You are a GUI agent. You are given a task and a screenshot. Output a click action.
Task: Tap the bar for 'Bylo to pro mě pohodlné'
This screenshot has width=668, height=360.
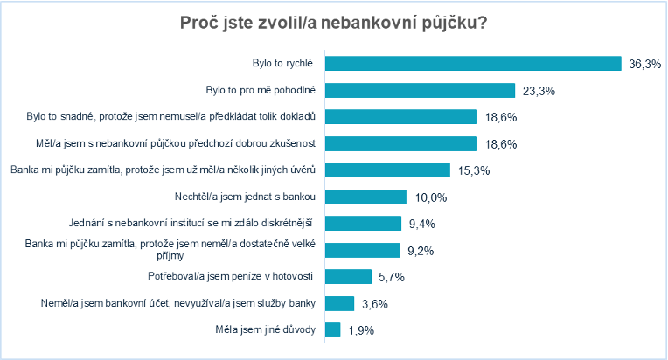[419, 90]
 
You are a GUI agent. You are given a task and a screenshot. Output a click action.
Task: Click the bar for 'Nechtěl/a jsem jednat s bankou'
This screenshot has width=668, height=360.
[365, 197]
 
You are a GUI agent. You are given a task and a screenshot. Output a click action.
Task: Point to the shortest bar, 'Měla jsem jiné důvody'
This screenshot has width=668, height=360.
[331, 329]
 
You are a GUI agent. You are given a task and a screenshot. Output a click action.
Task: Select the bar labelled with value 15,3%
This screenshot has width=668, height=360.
[386, 170]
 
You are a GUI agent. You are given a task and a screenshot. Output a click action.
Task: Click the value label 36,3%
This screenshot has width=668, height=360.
[644, 64]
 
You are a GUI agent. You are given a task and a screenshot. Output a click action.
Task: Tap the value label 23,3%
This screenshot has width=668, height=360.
[539, 90]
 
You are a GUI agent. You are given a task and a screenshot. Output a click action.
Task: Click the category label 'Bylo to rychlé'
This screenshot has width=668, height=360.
[282, 64]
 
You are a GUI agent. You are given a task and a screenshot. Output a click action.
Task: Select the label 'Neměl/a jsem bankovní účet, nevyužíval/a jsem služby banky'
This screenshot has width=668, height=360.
[177, 303]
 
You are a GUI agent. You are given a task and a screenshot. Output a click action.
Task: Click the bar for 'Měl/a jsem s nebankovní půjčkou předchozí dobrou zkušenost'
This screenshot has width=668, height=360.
[400, 143]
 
